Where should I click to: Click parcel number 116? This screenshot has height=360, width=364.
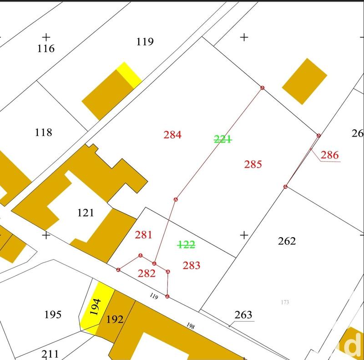coord(46,48)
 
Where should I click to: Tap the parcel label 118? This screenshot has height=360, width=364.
coord(44,132)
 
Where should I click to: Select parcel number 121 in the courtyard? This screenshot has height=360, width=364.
coord(86,213)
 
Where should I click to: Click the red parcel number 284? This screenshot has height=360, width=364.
coord(172,135)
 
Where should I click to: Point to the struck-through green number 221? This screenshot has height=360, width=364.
coord(223,139)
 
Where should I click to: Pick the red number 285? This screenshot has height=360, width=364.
coord(253,164)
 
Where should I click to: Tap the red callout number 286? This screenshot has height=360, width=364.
coord(330,155)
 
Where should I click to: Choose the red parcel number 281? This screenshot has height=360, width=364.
coord(143,235)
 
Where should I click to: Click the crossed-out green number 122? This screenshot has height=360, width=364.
coord(186,245)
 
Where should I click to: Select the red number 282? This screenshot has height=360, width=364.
coord(147,274)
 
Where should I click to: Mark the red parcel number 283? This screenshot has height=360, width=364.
coord(191,265)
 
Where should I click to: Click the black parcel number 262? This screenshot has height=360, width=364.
coord(287,241)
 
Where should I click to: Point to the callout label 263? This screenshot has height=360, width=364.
coord(243,315)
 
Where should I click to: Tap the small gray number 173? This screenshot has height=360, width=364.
coord(285,302)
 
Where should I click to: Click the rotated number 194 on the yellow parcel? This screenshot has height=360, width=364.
coord(95,308)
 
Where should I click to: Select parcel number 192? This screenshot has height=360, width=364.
coord(114,319)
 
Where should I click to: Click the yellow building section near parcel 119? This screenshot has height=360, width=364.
coord(129,74)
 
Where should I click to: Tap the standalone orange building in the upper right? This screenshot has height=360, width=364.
coord(305,81)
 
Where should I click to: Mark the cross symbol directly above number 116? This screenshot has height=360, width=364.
coord(46,36)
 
